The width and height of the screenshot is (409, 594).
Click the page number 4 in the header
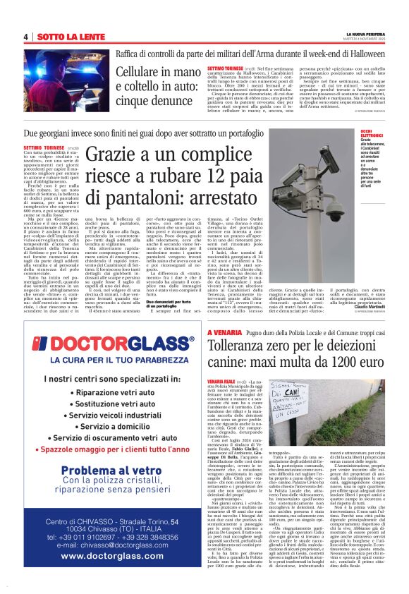click(x=26, y=36)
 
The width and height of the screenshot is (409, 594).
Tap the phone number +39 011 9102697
click(x=86, y=536)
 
